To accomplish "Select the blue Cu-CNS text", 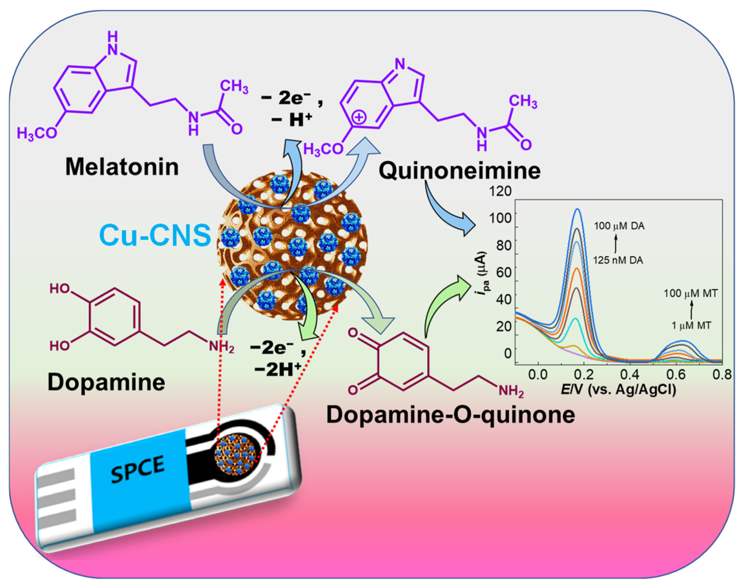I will point(155,235).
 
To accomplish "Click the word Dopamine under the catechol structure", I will point(106,382).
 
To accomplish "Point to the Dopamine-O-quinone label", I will point(451,415).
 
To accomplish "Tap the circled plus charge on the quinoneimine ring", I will point(359,118).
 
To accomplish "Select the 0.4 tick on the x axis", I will point(629,374).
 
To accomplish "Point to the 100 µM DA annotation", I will point(619,226).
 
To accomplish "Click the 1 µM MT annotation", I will point(691,326).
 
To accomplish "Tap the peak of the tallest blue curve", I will point(578,209).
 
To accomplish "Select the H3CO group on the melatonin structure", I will point(37,133).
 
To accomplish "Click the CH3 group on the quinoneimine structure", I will point(523,102).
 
